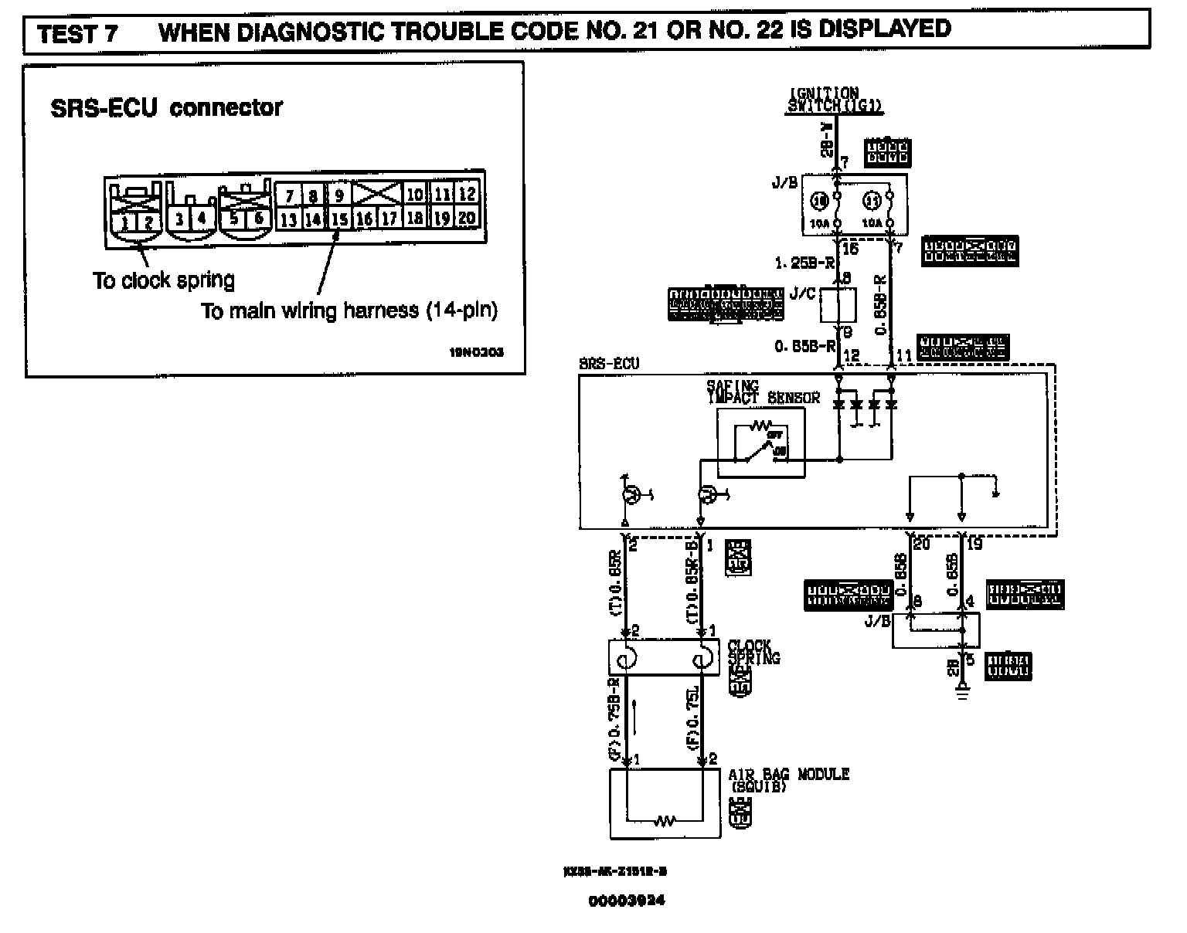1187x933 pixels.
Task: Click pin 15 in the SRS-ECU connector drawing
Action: coord(339,219)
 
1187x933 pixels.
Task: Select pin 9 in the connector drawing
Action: coord(339,195)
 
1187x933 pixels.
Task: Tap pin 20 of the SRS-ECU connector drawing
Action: coord(466,219)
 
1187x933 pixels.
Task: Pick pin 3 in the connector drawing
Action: coord(179,219)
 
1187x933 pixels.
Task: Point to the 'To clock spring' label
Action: coord(163,280)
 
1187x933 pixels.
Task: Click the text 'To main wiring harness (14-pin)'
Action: coord(349,310)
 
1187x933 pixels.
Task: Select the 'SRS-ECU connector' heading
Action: coord(166,108)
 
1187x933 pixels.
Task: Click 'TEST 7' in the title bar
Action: coord(77,35)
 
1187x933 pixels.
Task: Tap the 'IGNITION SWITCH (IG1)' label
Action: coord(824,100)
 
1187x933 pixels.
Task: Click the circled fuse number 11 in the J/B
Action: coord(872,202)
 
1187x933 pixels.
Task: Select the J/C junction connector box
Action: coord(838,306)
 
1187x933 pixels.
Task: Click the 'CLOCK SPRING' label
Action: coord(753,652)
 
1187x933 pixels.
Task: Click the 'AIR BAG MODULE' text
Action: coord(788,774)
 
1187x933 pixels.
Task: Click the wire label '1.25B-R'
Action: coord(804,263)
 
